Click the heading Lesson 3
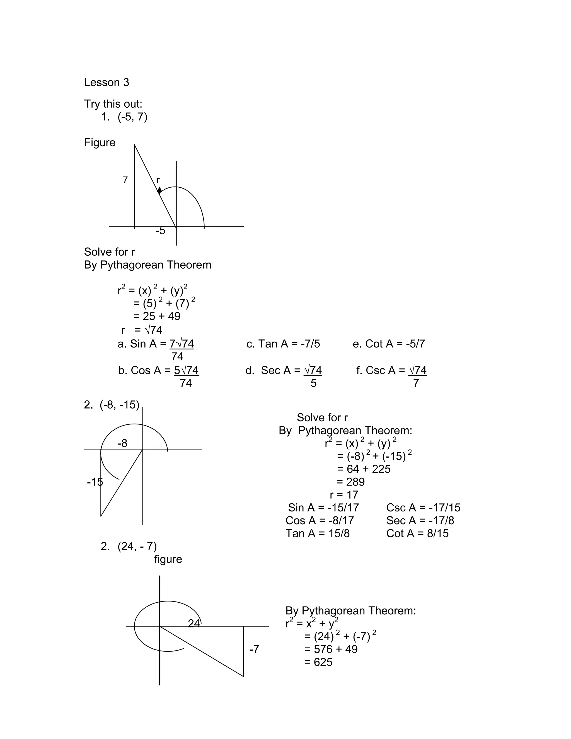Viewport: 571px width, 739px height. (106, 83)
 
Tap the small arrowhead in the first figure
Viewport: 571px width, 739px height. (159, 190)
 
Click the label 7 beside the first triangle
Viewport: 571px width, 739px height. (125, 180)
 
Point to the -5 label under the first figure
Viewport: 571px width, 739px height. (160, 231)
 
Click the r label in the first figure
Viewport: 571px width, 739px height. (158, 180)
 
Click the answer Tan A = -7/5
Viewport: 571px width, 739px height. (283, 344)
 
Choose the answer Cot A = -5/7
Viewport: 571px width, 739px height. (389, 344)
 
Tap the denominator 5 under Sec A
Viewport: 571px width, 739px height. (314, 383)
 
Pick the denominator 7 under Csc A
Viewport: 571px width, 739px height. (416, 383)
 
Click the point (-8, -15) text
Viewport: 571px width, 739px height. (119, 405)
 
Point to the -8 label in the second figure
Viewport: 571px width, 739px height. (122, 443)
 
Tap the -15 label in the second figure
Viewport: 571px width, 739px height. (95, 482)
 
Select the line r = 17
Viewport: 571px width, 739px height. (344, 495)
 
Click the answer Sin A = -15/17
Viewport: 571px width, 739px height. (323, 508)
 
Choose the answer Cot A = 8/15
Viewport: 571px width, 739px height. (417, 533)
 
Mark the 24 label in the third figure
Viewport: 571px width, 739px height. (194, 623)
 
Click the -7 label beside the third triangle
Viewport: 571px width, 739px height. (254, 649)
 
